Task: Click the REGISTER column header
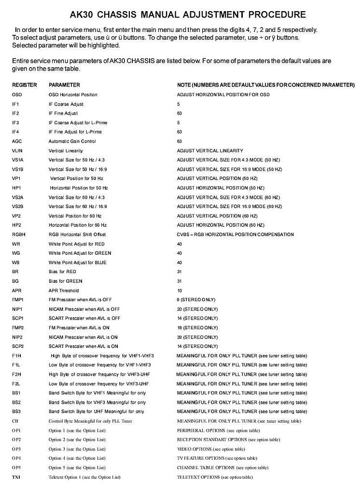pos(25,85)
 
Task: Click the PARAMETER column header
pos(64,85)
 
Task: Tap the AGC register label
pos(17,142)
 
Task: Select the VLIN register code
pos(17,151)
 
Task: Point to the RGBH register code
pos(19,234)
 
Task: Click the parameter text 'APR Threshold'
pos(64,291)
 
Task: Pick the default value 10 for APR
pos(180,291)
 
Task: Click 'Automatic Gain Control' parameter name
pos(72,142)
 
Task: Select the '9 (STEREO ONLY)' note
pos(196,300)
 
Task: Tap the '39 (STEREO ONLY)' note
pos(197,337)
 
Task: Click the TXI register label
pos(16,477)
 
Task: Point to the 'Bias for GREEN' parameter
pos(66,281)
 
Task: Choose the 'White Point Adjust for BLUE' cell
pos(78,262)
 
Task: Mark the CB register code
pos(15,421)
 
